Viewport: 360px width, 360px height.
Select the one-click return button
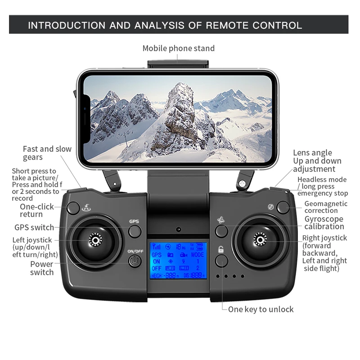73,208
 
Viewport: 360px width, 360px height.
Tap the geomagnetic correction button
283,207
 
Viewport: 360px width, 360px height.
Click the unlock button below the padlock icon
221,261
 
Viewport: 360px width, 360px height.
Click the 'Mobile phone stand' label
179,48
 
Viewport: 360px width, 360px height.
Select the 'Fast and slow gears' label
47,153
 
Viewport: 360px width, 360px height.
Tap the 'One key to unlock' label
261,309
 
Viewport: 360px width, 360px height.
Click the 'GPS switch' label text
34,227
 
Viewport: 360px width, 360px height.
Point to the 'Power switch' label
41,268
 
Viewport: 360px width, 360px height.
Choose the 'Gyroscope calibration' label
324,222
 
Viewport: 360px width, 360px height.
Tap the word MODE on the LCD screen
197,254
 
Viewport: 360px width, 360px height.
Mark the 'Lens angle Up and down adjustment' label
317,161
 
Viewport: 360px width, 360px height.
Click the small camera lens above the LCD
179,229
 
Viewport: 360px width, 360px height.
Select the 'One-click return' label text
36,211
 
